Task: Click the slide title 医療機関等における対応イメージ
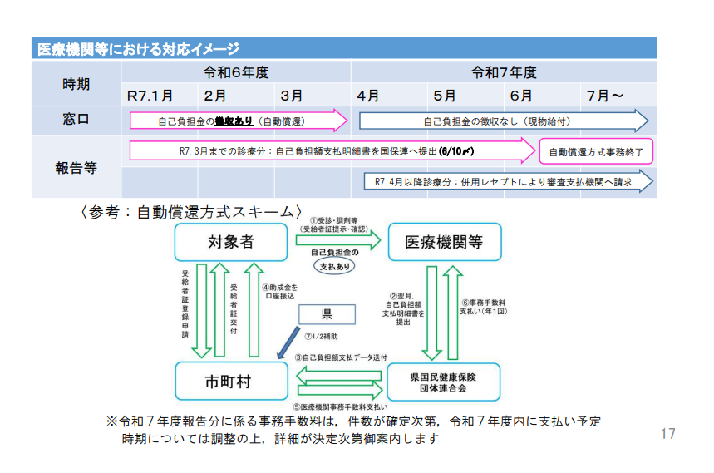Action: point(139,49)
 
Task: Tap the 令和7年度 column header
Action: point(504,72)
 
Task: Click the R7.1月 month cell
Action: point(150,96)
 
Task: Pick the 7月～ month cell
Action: point(605,96)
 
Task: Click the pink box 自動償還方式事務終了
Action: point(596,152)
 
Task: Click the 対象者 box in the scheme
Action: point(230,242)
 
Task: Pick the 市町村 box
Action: point(229,382)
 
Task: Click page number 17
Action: point(667,434)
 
